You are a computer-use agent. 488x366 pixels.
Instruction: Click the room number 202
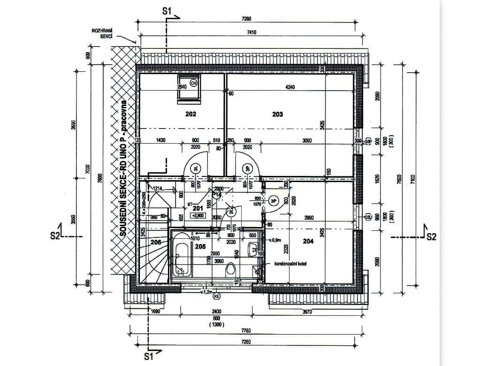click(x=190, y=114)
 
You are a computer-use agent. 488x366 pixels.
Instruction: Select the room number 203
click(x=277, y=114)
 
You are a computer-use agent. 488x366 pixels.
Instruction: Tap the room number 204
click(x=308, y=241)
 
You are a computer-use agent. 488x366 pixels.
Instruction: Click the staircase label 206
click(x=156, y=243)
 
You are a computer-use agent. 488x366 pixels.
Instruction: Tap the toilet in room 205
click(x=230, y=270)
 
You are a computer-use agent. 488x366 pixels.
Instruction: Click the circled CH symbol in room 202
click(x=193, y=83)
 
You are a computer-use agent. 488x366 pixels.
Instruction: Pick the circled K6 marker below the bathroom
click(x=216, y=297)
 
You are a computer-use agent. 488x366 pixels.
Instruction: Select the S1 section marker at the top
click(x=168, y=10)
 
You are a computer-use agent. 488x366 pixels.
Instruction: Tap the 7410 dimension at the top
click(x=246, y=32)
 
